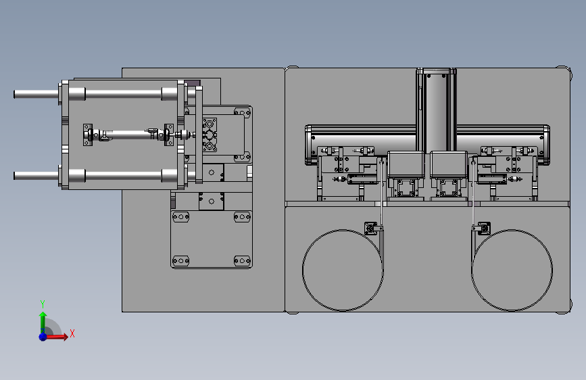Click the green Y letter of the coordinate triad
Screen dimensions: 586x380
[x=43, y=304]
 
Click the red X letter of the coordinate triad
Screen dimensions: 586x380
[x=72, y=333]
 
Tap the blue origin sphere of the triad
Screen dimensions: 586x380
[x=43, y=337]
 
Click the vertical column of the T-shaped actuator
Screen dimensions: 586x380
[x=436, y=108]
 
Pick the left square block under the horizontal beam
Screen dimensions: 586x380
[x=406, y=164]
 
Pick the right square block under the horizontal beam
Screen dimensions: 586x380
[x=449, y=164]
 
